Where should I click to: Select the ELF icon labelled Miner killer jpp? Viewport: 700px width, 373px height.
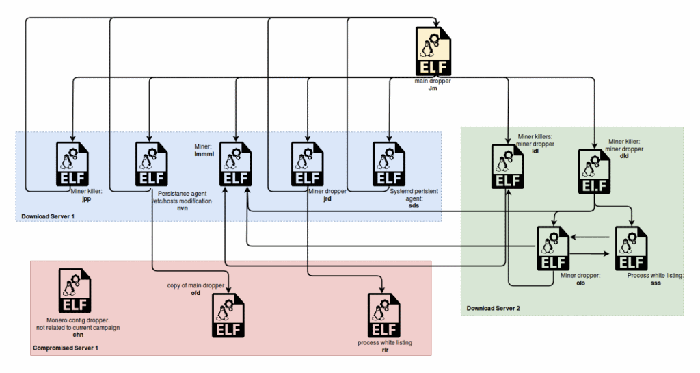72,164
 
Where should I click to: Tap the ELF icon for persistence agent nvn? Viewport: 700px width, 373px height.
150,164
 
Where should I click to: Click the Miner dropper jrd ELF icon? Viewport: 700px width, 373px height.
307,164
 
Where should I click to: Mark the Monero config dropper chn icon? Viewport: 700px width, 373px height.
75,291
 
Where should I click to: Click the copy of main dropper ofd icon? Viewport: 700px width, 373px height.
228,316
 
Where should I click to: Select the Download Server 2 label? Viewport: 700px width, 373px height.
494,308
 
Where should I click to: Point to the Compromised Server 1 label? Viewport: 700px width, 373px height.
66,348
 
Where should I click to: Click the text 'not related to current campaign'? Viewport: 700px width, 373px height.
78,328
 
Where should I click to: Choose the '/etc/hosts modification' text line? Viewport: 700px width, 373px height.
182,201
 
